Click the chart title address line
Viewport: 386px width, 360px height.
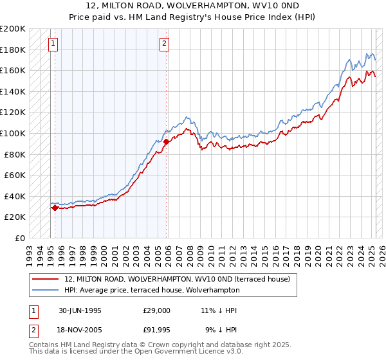pyautogui.click(x=193, y=6)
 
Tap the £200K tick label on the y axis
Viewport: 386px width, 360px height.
pyautogui.click(x=13, y=29)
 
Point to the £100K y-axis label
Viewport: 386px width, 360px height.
pyautogui.click(x=13, y=133)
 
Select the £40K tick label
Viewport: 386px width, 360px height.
pyautogui.click(x=15, y=196)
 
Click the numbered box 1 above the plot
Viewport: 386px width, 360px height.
pyautogui.click(x=53, y=44)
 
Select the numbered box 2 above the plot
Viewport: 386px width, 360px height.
pyautogui.click(x=165, y=44)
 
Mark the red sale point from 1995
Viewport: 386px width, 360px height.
pyautogui.click(x=55, y=208)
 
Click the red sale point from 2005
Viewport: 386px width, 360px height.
pyautogui.click(x=166, y=141)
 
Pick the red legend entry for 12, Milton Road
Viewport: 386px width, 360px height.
pyautogui.click(x=177, y=279)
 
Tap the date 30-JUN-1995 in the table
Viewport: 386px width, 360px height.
pyautogui.click(x=80, y=310)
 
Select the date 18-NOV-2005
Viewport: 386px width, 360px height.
pyautogui.click(x=80, y=331)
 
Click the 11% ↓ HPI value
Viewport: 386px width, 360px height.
pyautogui.click(x=219, y=310)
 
